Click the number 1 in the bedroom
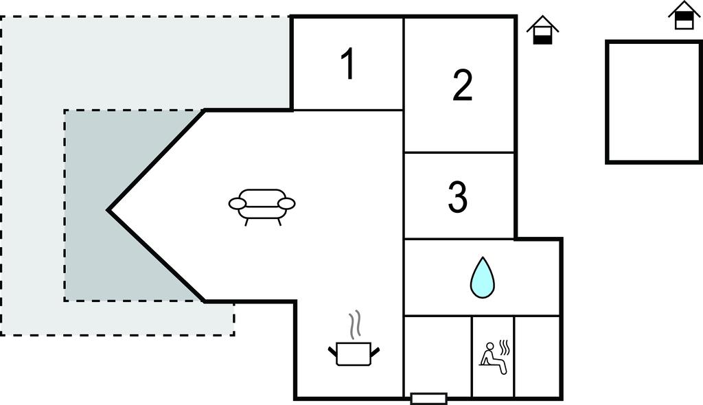tap(348, 64)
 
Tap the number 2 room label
tap(462, 85)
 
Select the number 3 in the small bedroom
tap(458, 196)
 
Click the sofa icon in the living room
tap(262, 207)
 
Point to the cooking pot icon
tap(354, 354)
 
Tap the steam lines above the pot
tap(355, 325)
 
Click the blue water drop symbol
tap(483, 277)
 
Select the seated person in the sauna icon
tap(492, 358)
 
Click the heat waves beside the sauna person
tap(506, 347)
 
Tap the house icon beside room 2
tap(542, 30)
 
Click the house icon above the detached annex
tap(684, 15)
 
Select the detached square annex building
tap(654, 102)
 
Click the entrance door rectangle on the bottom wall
tap(428, 398)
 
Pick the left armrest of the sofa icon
tap(237, 204)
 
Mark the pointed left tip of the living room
tap(108, 210)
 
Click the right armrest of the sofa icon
tap(286, 204)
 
